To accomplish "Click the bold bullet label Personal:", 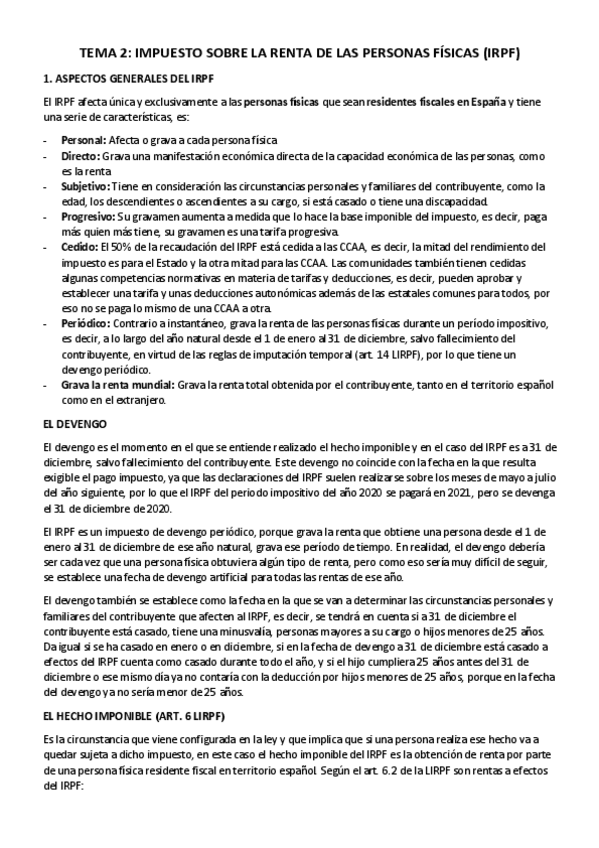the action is point(85,140).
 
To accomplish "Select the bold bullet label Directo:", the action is point(82,158).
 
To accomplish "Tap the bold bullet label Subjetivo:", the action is point(87,186).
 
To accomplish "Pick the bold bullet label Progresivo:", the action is point(89,216).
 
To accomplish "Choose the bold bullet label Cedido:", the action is point(81,245).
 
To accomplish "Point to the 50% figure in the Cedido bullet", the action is point(126,245).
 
